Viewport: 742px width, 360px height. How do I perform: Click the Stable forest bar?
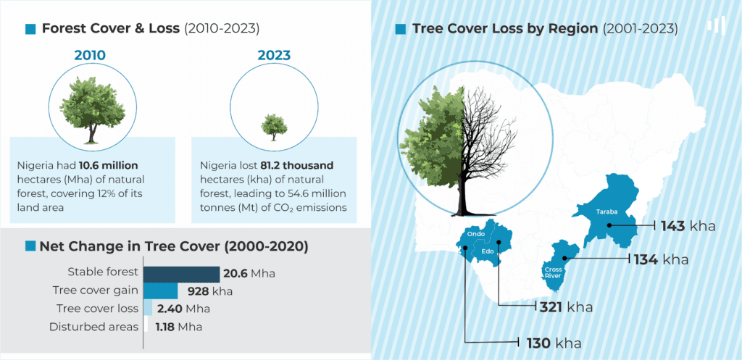click(x=181, y=275)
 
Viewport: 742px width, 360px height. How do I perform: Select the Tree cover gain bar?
click(x=160, y=291)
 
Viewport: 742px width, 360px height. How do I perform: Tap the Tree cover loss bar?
click(x=148, y=308)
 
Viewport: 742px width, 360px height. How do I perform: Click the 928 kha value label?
click(x=210, y=291)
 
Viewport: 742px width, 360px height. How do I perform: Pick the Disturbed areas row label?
click(x=93, y=327)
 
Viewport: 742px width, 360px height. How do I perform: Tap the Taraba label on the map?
click(x=606, y=212)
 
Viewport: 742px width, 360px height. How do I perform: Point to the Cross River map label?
click(x=552, y=272)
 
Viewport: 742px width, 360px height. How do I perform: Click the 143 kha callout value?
click(x=688, y=226)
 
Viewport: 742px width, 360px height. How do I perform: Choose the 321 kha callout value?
click(x=567, y=307)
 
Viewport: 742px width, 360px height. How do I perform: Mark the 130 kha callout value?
click(x=554, y=343)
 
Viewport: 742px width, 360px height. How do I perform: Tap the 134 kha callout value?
click(x=661, y=260)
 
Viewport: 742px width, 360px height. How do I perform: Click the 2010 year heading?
click(x=89, y=55)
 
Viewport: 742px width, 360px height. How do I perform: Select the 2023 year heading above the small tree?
click(x=274, y=55)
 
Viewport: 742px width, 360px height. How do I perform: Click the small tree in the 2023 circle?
click(x=274, y=127)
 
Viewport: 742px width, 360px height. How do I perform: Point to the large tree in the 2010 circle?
click(x=93, y=109)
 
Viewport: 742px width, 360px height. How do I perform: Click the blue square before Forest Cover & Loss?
click(x=30, y=29)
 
